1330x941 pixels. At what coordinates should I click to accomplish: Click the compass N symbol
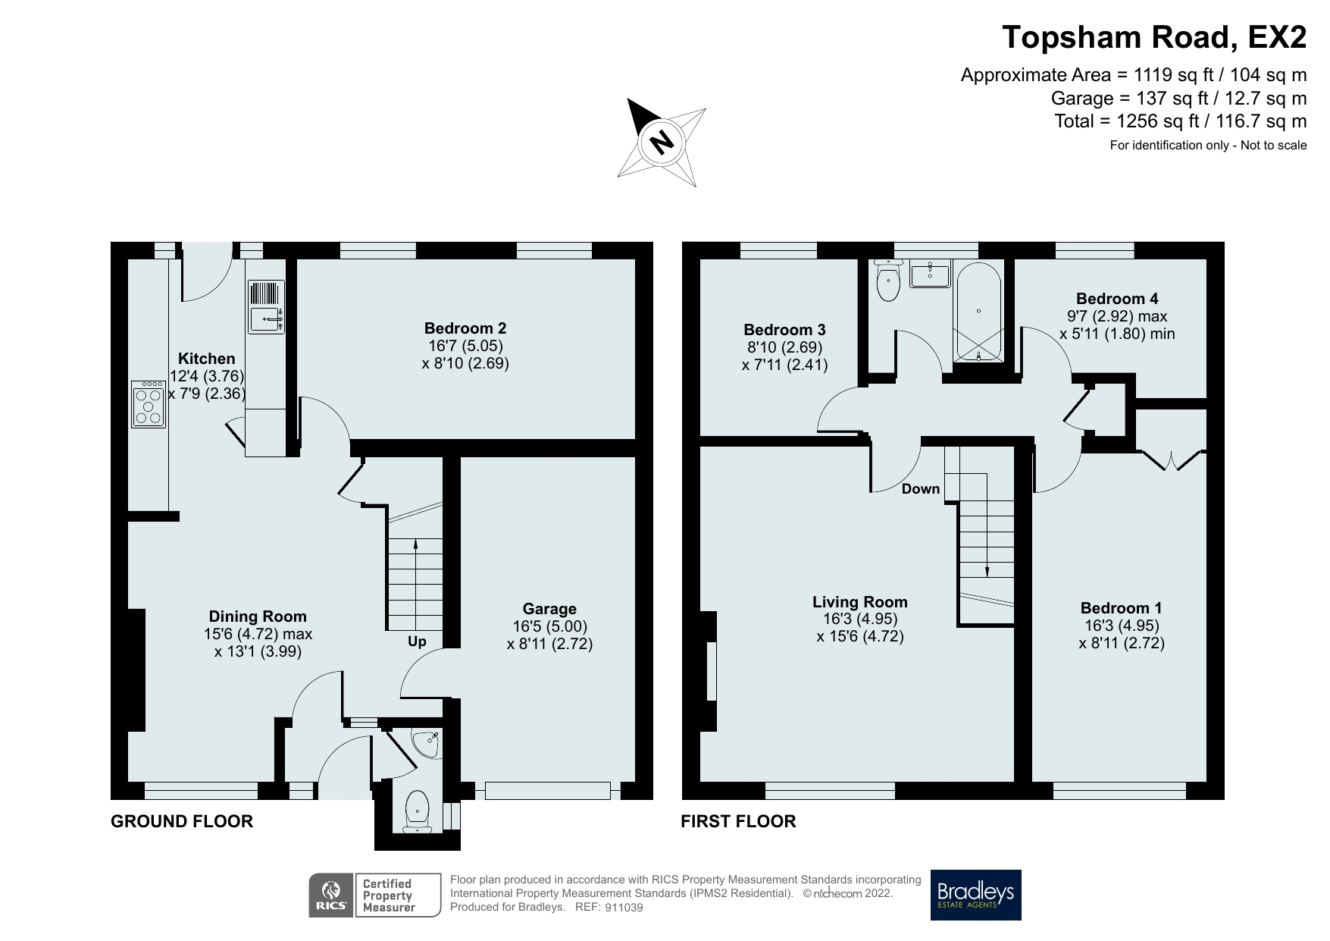(662, 142)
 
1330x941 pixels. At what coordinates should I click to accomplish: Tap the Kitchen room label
(206, 359)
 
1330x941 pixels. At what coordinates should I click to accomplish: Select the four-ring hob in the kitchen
(149, 404)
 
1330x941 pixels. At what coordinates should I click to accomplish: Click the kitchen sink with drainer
(265, 306)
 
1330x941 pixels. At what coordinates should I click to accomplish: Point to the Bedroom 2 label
(465, 328)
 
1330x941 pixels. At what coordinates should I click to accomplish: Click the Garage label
(549, 609)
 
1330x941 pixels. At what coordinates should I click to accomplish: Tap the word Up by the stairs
(417, 641)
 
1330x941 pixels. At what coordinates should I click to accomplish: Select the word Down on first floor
(920, 489)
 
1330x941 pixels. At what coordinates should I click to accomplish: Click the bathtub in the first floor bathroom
(978, 312)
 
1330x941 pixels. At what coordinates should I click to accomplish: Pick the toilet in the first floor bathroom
(887, 281)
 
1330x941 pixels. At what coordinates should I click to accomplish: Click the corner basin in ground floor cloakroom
(426, 742)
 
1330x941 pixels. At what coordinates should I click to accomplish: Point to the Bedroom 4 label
(1117, 299)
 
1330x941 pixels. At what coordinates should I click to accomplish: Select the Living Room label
(859, 602)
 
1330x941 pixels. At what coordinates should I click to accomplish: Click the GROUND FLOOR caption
(182, 821)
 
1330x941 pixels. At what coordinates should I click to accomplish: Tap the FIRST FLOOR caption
(738, 821)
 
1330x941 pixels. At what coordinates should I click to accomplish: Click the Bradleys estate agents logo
(975, 895)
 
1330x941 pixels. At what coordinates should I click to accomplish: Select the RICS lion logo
(331, 895)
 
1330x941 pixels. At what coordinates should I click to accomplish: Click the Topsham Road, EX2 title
(1154, 36)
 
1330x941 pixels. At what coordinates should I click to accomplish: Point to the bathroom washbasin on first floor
(929, 274)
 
